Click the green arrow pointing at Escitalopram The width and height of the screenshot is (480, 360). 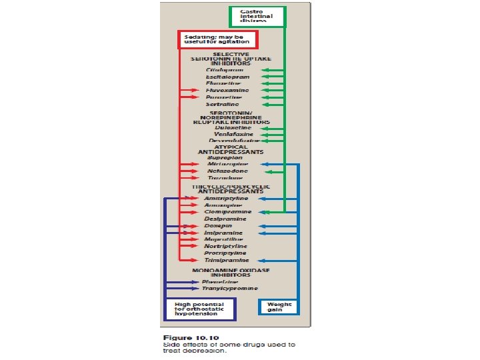[x=269, y=77]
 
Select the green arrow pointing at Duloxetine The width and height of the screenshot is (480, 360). [x=270, y=127]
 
